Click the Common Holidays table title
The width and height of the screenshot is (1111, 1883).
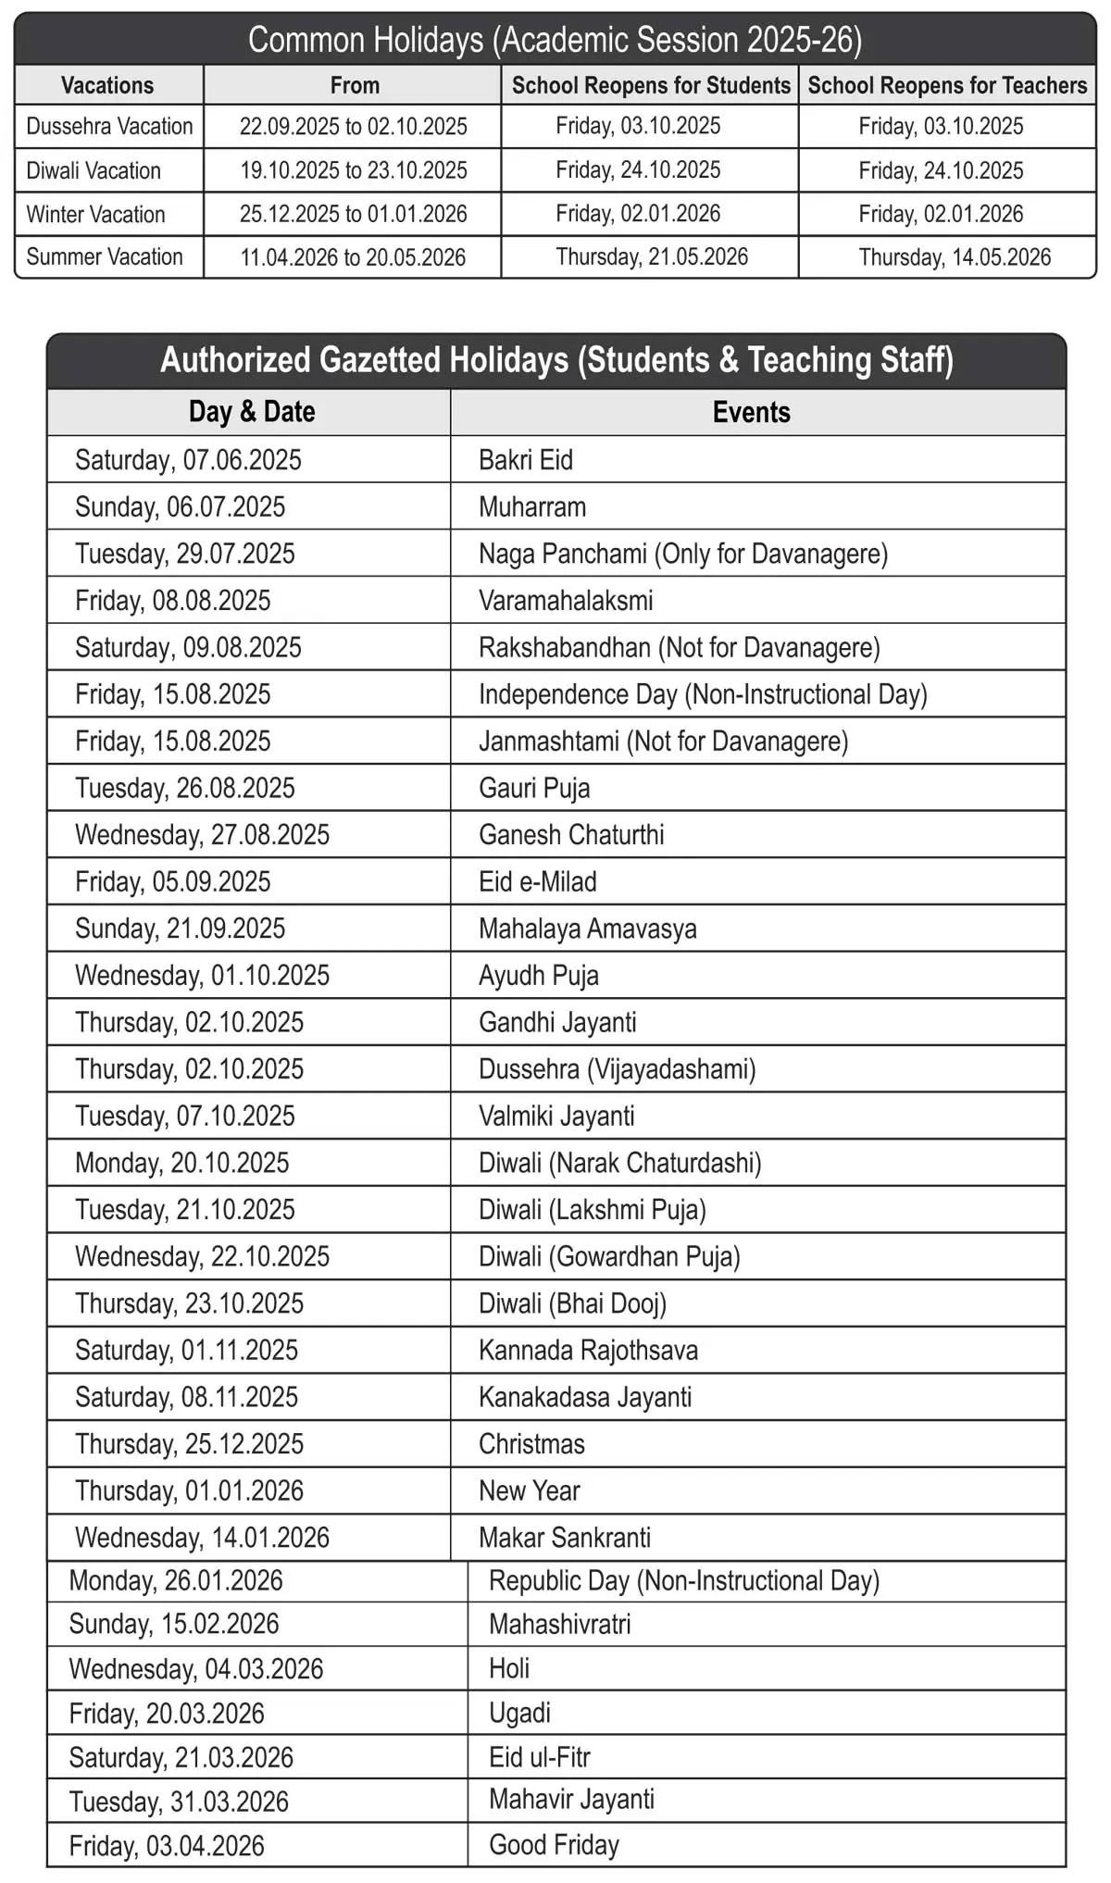pyautogui.click(x=555, y=40)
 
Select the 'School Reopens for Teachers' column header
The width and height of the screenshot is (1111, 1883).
pyautogui.click(x=947, y=85)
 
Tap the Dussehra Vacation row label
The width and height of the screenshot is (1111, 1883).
pyautogui.click(x=109, y=126)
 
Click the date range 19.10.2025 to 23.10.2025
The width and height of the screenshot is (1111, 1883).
pyautogui.click(x=354, y=170)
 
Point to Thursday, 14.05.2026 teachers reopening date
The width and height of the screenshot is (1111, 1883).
pyautogui.click(x=955, y=257)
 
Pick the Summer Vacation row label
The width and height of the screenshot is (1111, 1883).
pyautogui.click(x=105, y=257)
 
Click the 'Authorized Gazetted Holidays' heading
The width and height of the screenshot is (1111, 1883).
pyautogui.click(x=556, y=360)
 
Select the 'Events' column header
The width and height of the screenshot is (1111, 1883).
pyautogui.click(x=751, y=412)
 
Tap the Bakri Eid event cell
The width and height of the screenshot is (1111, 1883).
pyautogui.click(x=526, y=460)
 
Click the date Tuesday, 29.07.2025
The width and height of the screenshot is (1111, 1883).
pyautogui.click(x=185, y=554)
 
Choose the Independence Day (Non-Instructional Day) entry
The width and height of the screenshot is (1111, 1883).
pyautogui.click(x=703, y=694)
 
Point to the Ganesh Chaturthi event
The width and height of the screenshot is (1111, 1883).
pyautogui.click(x=571, y=835)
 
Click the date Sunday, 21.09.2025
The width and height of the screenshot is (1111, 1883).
pyautogui.click(x=181, y=929)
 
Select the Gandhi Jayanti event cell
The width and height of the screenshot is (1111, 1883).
pyautogui.click(x=557, y=1022)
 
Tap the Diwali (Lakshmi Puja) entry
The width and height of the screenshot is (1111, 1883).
pyautogui.click(x=593, y=1210)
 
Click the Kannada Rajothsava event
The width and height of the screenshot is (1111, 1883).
pyautogui.click(x=588, y=1351)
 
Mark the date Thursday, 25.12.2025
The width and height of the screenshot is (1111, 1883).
pyautogui.click(x=189, y=1444)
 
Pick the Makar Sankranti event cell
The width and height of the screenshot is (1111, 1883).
pyautogui.click(x=565, y=1538)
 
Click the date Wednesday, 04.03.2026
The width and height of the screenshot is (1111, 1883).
pyautogui.click(x=196, y=1669)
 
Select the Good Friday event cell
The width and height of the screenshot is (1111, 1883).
pyautogui.click(x=554, y=1845)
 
